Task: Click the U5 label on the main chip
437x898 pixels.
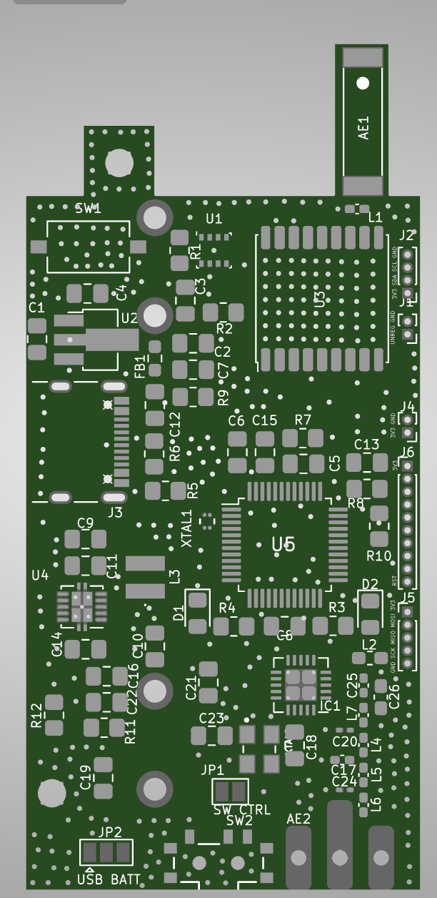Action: pos(283,545)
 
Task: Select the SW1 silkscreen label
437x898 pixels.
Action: pos(89,209)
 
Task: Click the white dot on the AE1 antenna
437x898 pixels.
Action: pos(363,83)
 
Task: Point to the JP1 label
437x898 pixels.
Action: pos(212,770)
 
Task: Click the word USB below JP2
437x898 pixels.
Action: pos(90,879)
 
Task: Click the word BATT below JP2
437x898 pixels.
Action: pos(126,879)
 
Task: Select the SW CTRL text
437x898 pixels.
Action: pos(242,810)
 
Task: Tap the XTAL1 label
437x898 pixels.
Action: pos(187,529)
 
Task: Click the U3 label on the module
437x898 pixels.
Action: pos(320,300)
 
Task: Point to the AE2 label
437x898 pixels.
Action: pos(298,819)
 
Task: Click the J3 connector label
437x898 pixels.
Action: pos(115,512)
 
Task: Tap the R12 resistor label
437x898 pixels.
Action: pos(37,716)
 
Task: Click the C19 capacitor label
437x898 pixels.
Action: pos(86,777)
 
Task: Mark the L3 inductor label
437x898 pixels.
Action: pos(175,577)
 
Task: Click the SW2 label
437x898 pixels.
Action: pos(239,821)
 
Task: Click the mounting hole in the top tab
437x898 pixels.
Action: pos(119,163)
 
